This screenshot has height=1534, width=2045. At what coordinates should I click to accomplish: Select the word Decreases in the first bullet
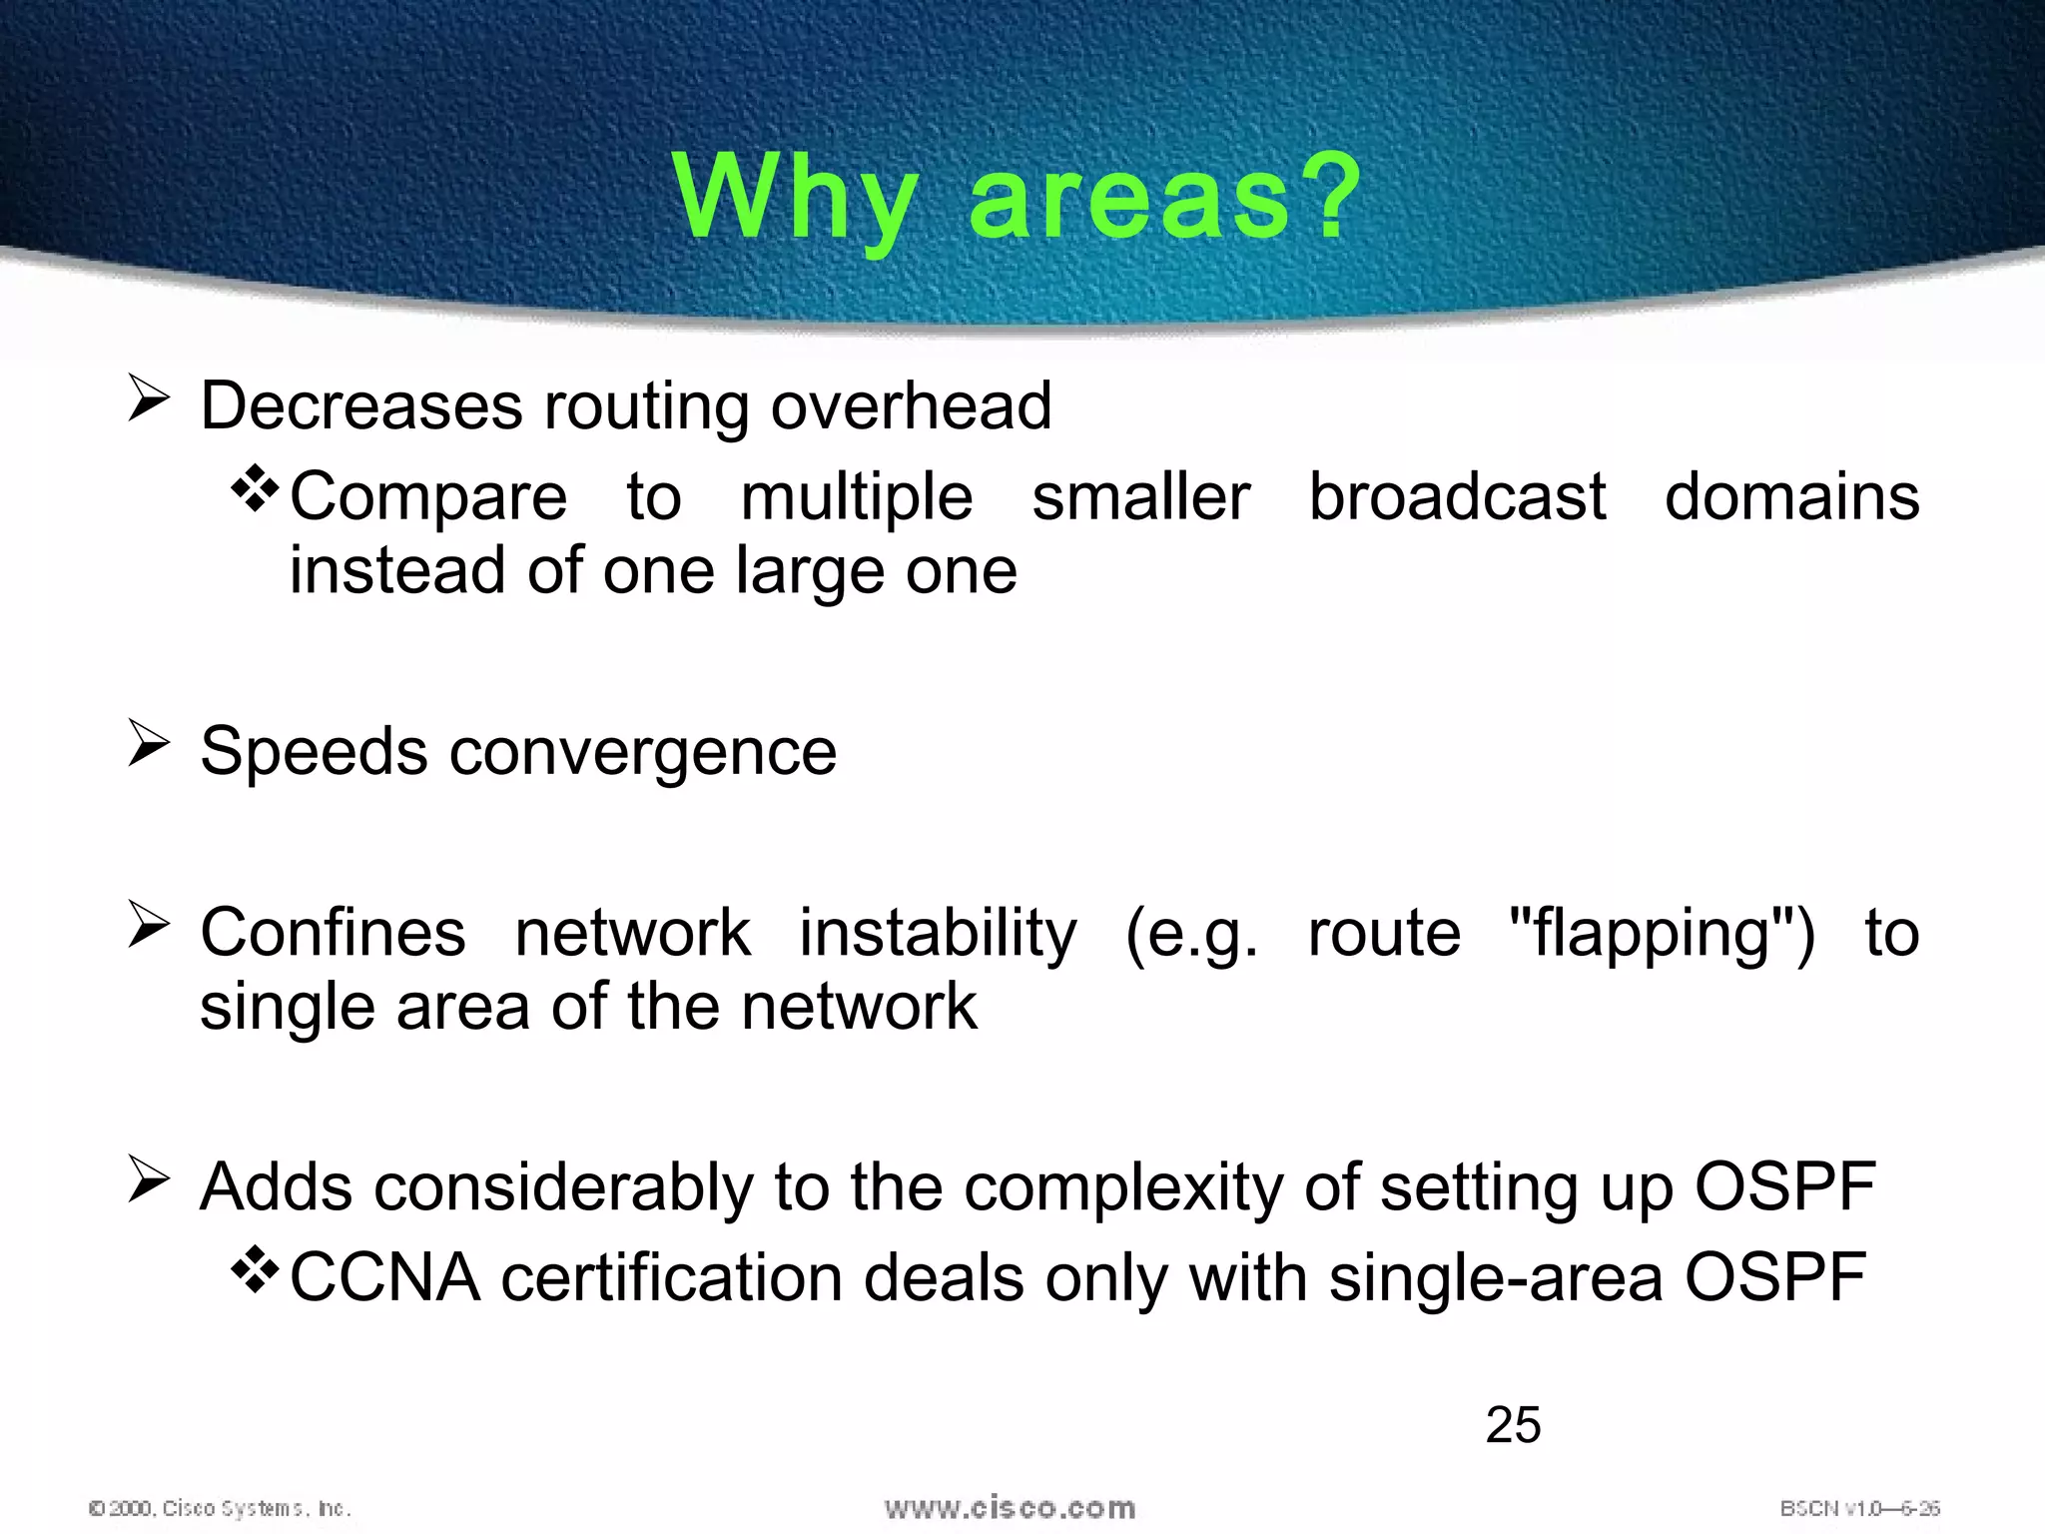pos(361,406)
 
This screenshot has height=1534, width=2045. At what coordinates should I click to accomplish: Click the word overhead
pos(911,406)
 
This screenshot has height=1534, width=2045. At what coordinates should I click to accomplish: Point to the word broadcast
pos(1457,496)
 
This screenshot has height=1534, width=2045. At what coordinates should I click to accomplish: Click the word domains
pos(1791,496)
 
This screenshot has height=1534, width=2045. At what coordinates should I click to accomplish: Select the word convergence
pos(643,752)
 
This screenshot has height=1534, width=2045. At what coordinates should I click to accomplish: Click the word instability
pos(938,933)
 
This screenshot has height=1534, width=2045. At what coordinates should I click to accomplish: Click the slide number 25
pos(1513,1424)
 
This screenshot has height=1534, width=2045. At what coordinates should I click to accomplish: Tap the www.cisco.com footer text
pos(1010,1507)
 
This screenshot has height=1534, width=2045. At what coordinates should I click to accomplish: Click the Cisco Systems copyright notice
pos(220,1508)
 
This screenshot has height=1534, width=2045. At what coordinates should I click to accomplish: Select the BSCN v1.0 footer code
pos(1859,1508)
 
